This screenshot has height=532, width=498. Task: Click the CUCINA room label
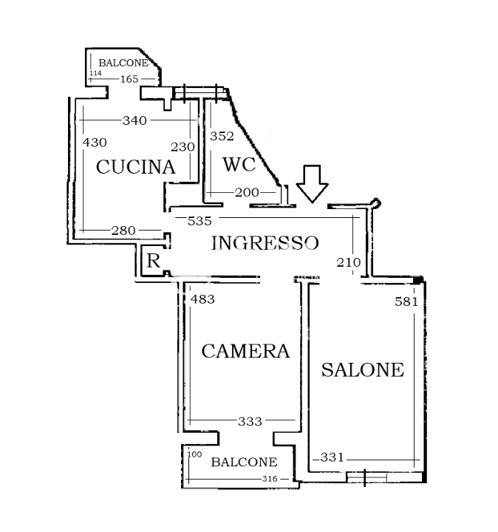point(136,167)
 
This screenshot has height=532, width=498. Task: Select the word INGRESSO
point(265,243)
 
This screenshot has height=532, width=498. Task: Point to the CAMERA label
point(245,351)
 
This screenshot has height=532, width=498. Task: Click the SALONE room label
point(363,369)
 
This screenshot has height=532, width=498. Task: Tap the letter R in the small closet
point(153,261)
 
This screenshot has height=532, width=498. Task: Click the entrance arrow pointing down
point(312,184)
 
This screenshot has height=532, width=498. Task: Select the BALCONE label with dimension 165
point(123,63)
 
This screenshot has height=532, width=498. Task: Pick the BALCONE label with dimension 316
point(244,463)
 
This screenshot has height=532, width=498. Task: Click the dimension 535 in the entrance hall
point(199,220)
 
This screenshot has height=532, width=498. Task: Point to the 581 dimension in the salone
point(406,301)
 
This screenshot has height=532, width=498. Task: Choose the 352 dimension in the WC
point(222,136)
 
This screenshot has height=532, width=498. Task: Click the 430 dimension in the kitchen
point(95,143)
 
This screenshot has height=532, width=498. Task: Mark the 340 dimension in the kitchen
point(134,120)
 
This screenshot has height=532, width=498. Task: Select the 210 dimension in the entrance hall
point(348,262)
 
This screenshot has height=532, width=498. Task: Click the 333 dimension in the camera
point(250,421)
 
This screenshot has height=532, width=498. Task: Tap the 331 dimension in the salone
point(332,457)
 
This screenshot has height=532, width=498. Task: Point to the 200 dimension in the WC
point(246,192)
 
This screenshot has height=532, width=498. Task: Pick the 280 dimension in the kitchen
point(123,231)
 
